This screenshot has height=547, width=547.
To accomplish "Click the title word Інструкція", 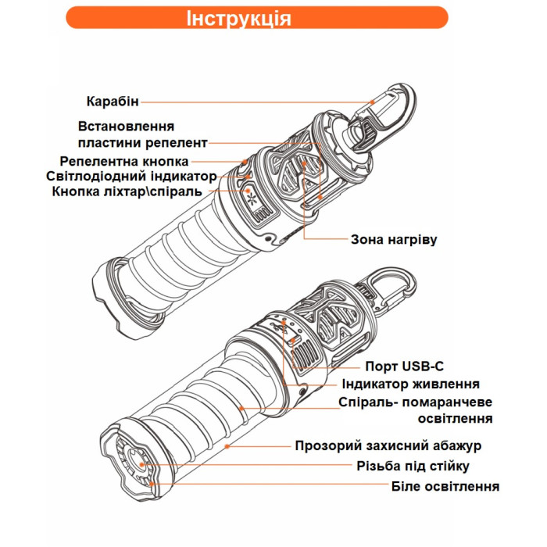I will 239,18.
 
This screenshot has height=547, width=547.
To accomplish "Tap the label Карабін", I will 113,101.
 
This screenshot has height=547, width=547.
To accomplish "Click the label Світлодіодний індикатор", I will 131,176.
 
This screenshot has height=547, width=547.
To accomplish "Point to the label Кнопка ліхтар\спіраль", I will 127,191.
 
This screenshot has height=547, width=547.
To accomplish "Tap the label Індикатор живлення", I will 410,384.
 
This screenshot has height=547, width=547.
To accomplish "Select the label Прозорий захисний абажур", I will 388,446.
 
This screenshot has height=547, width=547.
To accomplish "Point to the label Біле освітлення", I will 445,486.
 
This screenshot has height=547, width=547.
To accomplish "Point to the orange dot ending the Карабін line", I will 372,102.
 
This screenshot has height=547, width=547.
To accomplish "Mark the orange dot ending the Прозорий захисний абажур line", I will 226,446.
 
